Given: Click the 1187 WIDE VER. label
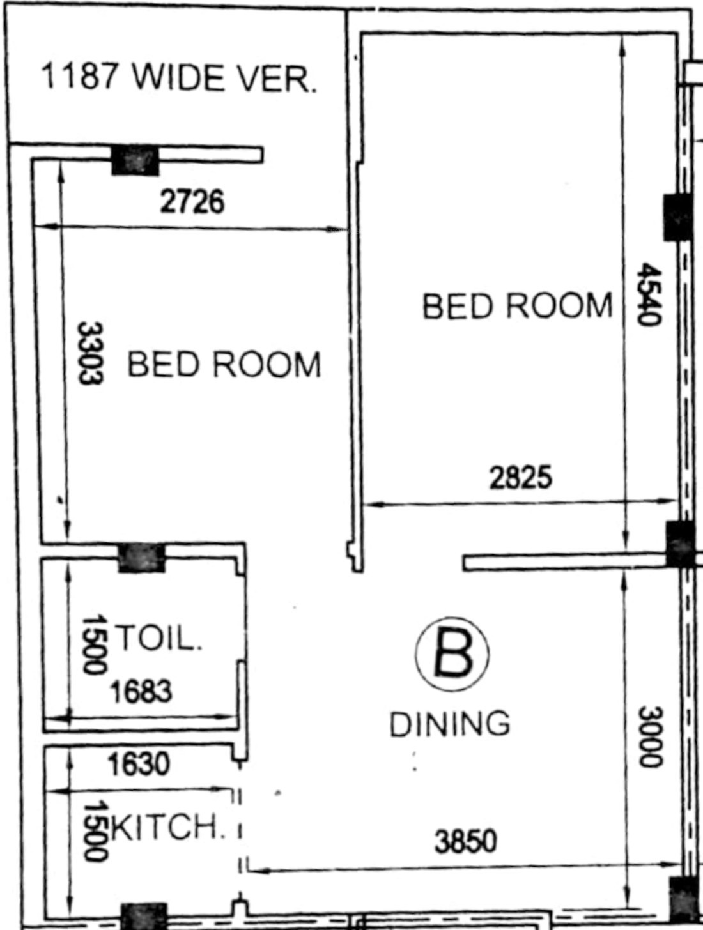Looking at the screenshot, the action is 179,78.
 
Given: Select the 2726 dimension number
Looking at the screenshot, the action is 192,202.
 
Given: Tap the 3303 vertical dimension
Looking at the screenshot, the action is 90,353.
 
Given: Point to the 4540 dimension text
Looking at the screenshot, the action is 649,294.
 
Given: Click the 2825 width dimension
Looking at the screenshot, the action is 521,478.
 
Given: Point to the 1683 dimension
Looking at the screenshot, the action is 141,691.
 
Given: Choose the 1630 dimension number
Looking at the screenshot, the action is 139,764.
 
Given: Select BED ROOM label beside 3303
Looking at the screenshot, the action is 224,364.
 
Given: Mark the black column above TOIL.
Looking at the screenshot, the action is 141,558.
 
